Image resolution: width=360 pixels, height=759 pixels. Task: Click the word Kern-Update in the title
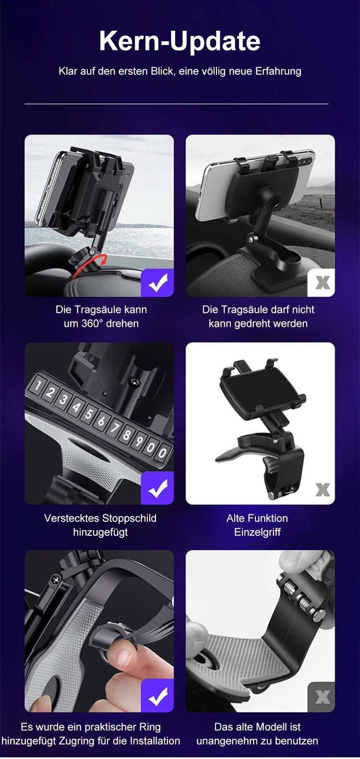(x=180, y=41)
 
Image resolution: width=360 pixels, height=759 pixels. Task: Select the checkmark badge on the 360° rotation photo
(x=157, y=283)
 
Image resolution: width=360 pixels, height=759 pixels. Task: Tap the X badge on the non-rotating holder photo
(x=321, y=283)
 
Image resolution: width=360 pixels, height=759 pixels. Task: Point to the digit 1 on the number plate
(x=38, y=385)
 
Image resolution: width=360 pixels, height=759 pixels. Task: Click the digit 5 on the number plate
(x=89, y=414)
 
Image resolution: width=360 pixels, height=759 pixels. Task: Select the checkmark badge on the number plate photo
(x=157, y=487)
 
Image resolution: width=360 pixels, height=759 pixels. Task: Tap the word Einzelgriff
(x=257, y=532)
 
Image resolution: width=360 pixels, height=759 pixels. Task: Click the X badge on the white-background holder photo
(x=323, y=490)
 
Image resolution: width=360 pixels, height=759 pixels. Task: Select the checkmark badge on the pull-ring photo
(x=157, y=695)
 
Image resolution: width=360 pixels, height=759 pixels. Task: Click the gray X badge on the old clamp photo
(x=321, y=697)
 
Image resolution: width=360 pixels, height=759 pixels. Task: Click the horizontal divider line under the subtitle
(x=177, y=104)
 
